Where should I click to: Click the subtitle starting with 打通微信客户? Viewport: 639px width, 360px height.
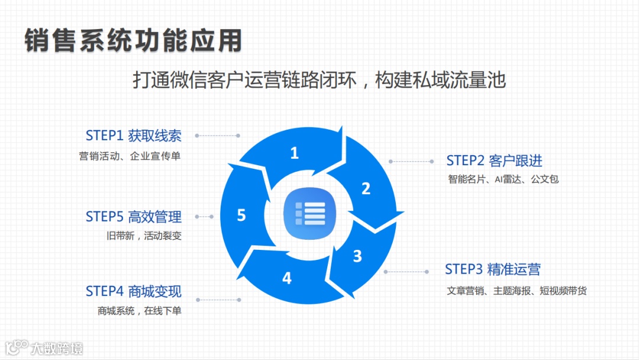(x=319, y=80)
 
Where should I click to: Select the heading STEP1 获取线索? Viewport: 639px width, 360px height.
(x=133, y=136)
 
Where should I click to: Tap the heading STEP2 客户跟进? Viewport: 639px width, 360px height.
(x=494, y=160)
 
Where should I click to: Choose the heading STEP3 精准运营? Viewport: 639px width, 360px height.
(x=492, y=269)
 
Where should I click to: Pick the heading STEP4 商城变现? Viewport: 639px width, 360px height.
(x=133, y=291)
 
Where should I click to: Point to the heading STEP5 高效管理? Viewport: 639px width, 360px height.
(x=133, y=217)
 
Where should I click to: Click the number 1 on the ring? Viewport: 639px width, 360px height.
(x=294, y=154)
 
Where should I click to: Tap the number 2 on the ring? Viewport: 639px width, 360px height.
(x=366, y=189)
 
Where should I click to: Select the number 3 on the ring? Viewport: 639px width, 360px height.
(x=357, y=256)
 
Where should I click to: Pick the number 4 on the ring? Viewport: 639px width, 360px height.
(x=287, y=278)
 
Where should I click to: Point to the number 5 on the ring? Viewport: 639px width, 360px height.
(x=241, y=215)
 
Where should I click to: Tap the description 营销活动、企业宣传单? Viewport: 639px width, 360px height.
(x=130, y=156)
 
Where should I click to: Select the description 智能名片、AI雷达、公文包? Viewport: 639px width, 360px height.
(x=503, y=179)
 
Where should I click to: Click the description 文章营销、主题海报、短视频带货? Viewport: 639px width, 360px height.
(x=517, y=291)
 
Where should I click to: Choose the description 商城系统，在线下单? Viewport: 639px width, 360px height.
(x=139, y=311)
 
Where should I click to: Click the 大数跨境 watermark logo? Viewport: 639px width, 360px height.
(x=44, y=347)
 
